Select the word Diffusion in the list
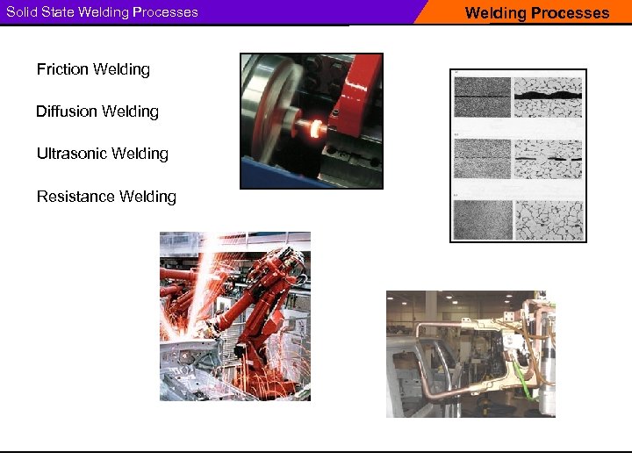click(x=67, y=111)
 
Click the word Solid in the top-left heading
click(x=21, y=12)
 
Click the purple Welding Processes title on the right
click(x=536, y=13)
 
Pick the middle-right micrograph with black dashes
click(x=547, y=158)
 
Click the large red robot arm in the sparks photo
click(x=263, y=298)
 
